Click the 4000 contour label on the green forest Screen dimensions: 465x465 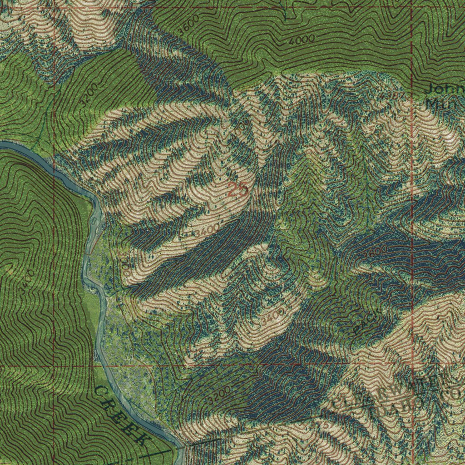301,40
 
